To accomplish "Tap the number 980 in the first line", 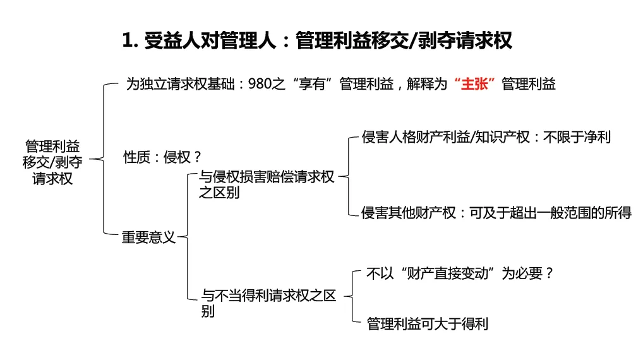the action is tap(260, 84).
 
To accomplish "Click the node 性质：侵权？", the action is tap(162, 157).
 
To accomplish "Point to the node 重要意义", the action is tap(148, 238).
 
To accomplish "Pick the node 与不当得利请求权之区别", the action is tap(268, 303).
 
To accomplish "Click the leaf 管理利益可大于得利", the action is tap(428, 324).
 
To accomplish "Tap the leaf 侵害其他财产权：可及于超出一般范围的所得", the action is tap(496, 213).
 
